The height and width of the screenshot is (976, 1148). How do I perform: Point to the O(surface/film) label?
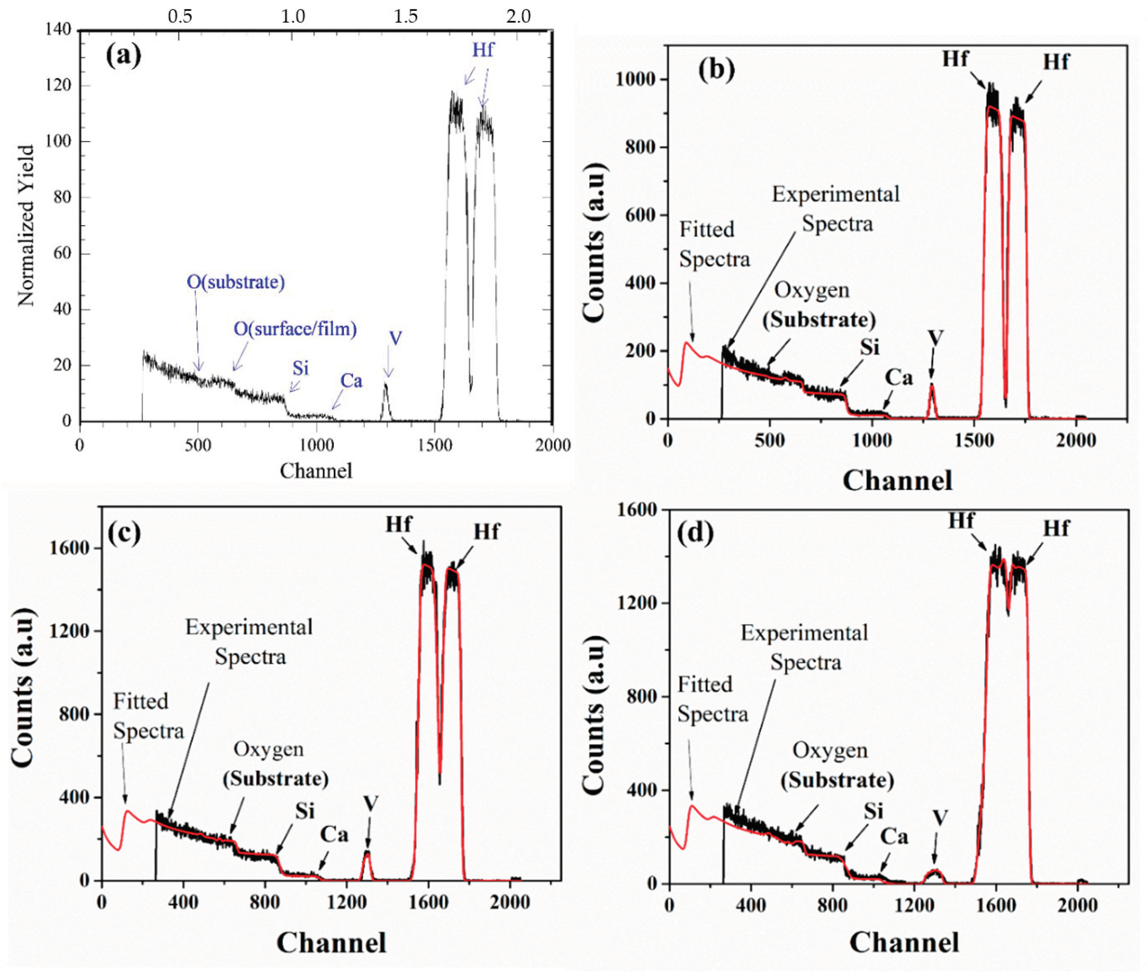[295, 329]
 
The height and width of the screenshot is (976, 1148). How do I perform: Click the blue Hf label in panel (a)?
[482, 50]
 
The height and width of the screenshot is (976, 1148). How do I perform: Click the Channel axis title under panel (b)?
[897, 480]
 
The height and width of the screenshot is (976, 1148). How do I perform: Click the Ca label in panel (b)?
[899, 378]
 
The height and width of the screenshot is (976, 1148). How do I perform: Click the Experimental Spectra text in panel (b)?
[836, 209]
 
